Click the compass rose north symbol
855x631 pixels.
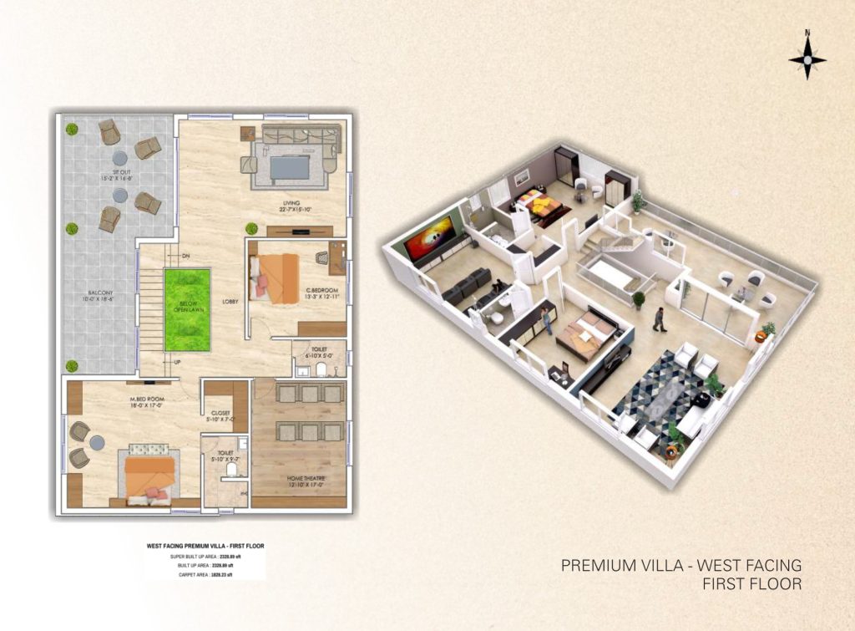(x=807, y=59)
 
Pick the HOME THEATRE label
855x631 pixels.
(x=298, y=481)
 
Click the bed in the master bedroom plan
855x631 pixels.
(x=150, y=477)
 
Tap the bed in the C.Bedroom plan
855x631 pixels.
(x=272, y=276)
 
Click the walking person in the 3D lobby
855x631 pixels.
(x=659, y=319)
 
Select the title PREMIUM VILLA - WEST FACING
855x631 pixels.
(x=681, y=566)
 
